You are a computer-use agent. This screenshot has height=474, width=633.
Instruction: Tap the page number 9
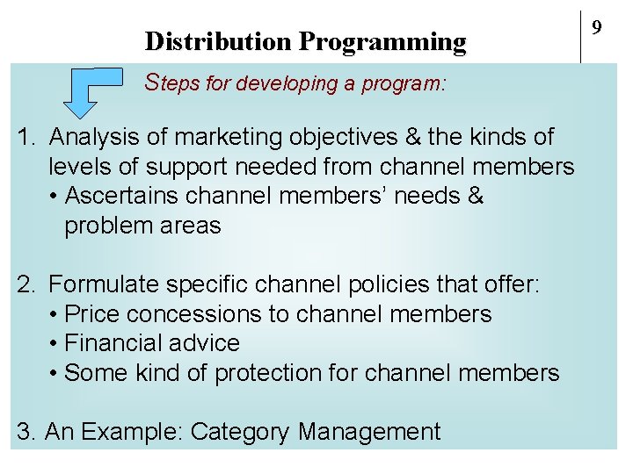pos(596,28)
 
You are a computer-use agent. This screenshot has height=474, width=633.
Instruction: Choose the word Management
pos(369,432)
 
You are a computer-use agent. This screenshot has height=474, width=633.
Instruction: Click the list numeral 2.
pos(26,284)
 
